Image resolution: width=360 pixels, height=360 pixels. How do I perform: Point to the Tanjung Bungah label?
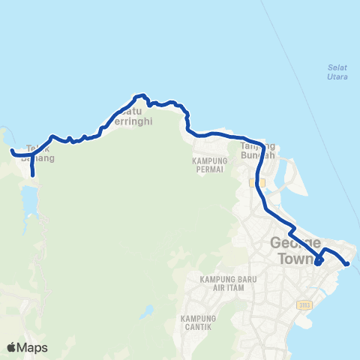pos(258,151)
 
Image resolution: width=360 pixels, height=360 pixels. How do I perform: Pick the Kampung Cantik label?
pos(198,322)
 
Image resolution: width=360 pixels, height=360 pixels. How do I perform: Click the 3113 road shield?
pos(303,304)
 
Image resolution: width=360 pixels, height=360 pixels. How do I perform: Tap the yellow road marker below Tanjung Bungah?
pos(253,182)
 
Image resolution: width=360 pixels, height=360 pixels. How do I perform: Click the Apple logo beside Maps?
pos(12,347)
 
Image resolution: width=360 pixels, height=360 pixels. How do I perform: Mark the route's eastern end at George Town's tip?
pos(347,263)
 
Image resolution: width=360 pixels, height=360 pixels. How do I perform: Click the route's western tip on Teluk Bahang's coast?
pos(12,152)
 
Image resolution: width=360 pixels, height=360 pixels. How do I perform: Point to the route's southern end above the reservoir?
pos(33,175)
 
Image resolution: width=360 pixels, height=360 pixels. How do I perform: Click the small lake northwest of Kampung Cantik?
pos(149,309)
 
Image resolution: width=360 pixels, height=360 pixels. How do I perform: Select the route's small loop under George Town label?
pos(318,262)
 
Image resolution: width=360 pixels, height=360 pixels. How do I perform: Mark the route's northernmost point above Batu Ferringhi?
pos(138,96)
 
